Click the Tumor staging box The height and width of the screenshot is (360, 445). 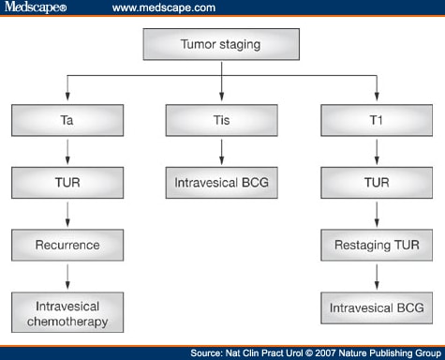pyautogui.click(x=221, y=44)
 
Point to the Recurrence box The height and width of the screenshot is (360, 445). pyautogui.click(x=67, y=245)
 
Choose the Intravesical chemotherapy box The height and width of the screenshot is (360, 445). pyautogui.click(x=67, y=314)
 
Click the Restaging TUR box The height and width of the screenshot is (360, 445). pyautogui.click(x=376, y=245)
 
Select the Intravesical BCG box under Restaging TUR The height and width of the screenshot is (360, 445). pyautogui.click(x=376, y=308)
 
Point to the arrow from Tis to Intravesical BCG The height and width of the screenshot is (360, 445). pyautogui.click(x=221, y=150)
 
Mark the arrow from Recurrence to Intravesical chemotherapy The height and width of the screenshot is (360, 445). pyautogui.click(x=67, y=277)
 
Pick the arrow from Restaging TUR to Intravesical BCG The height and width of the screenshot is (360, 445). pyautogui.click(x=376, y=277)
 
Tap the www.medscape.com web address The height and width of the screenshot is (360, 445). pyautogui.click(x=164, y=7)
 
